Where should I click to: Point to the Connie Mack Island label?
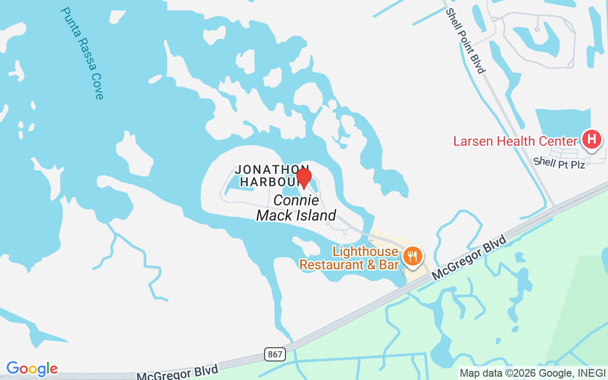(296, 208)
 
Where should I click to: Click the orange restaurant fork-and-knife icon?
(412, 257)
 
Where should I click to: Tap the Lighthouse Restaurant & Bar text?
(349, 258)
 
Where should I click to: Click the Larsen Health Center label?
(515, 141)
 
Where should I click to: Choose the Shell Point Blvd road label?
(465, 40)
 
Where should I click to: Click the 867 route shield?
(275, 354)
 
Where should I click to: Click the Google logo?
(32, 369)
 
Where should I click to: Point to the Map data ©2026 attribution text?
(532, 373)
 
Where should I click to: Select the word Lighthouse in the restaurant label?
(365, 251)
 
